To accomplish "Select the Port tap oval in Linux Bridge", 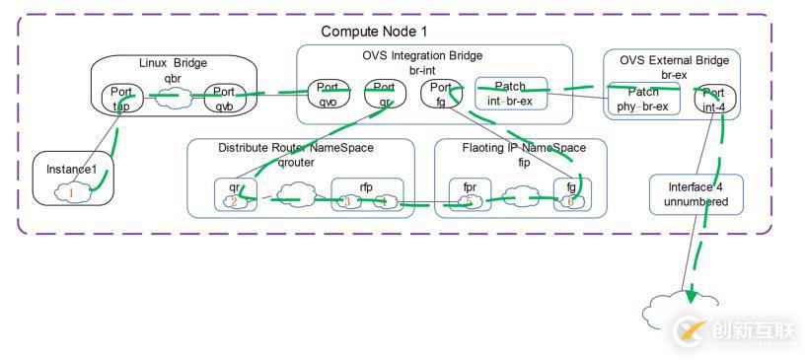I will (124, 98).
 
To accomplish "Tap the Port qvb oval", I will (225, 98).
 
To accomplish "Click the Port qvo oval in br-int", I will (329, 93).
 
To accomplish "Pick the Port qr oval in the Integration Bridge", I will (384, 93).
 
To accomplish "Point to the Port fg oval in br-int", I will (440, 93).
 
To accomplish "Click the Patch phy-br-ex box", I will (644, 99).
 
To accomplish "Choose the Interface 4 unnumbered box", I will (695, 194).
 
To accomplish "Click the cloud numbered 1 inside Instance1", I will (71, 193).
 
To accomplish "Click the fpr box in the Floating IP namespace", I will (470, 193).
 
